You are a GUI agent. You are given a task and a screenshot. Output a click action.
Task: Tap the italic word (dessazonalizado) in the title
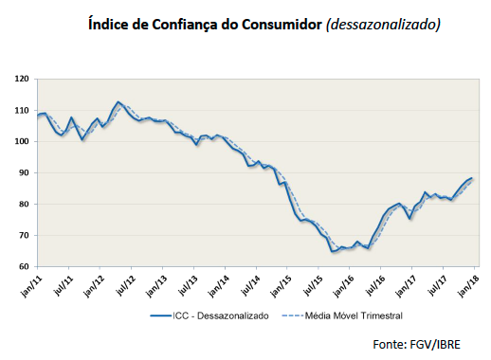coord(383,24)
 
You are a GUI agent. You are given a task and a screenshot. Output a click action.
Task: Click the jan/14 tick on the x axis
coord(218,283)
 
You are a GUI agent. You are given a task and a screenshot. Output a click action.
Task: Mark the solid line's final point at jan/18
coord(472,178)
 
